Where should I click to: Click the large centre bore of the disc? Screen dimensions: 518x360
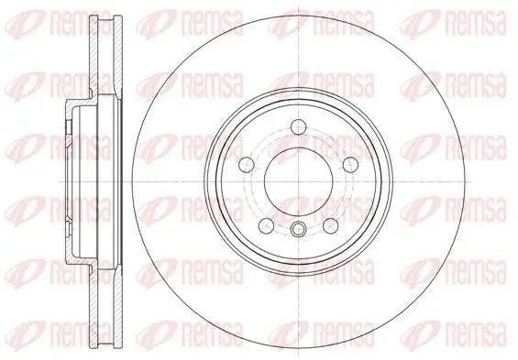coord(298,181)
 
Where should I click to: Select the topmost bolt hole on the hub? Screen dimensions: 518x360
coord(298,127)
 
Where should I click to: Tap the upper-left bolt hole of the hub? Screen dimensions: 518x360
coord(247,164)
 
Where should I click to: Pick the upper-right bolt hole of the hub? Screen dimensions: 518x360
coord(350,164)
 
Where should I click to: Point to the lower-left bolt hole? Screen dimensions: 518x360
coord(266,225)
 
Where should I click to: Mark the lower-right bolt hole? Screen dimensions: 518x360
coord(331,225)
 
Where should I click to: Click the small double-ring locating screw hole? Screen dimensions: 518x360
coord(298,229)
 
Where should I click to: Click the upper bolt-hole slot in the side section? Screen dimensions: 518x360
coord(69,127)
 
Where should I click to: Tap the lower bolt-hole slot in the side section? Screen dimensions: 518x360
coord(69,229)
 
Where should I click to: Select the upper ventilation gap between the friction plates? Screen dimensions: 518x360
coord(105,57)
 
